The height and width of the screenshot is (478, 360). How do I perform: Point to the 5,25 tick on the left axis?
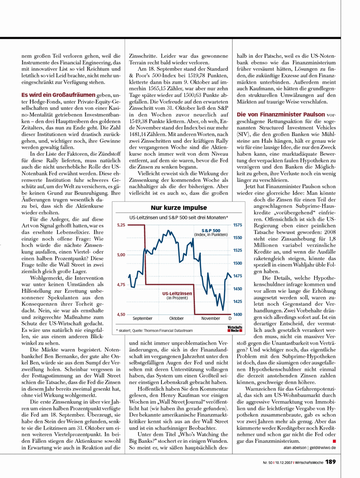pyautogui.click(x=121, y=225)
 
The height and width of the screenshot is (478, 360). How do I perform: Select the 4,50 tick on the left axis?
pyautogui.click(x=121, y=314)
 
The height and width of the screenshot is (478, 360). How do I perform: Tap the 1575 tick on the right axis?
pyautogui.click(x=238, y=225)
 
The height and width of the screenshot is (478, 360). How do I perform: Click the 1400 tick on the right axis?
pyautogui.click(x=238, y=314)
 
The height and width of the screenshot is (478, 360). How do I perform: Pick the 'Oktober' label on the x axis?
pyautogui.click(x=176, y=318)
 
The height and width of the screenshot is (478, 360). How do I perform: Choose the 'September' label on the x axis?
pyautogui.click(x=142, y=318)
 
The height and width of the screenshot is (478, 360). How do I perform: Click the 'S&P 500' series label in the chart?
pyautogui.click(x=211, y=231)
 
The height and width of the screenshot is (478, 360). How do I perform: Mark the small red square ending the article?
pyautogui.click(x=334, y=440)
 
